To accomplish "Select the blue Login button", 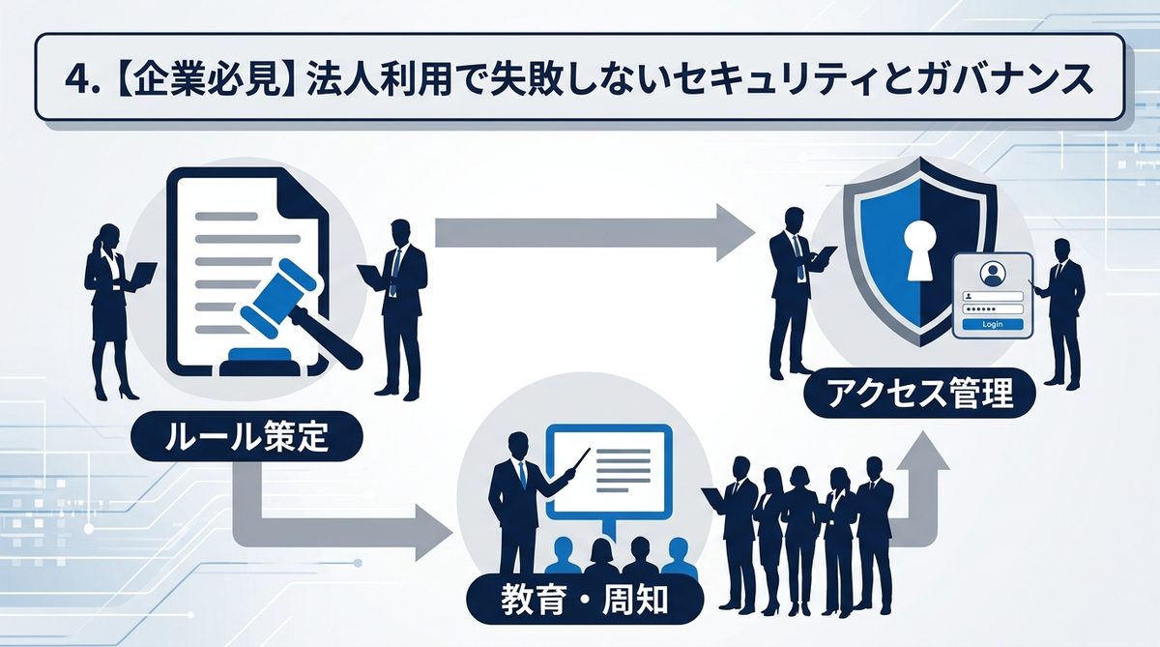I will pos(992,324).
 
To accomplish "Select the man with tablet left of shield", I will pos(793,285).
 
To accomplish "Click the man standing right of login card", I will pos(1063,309).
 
